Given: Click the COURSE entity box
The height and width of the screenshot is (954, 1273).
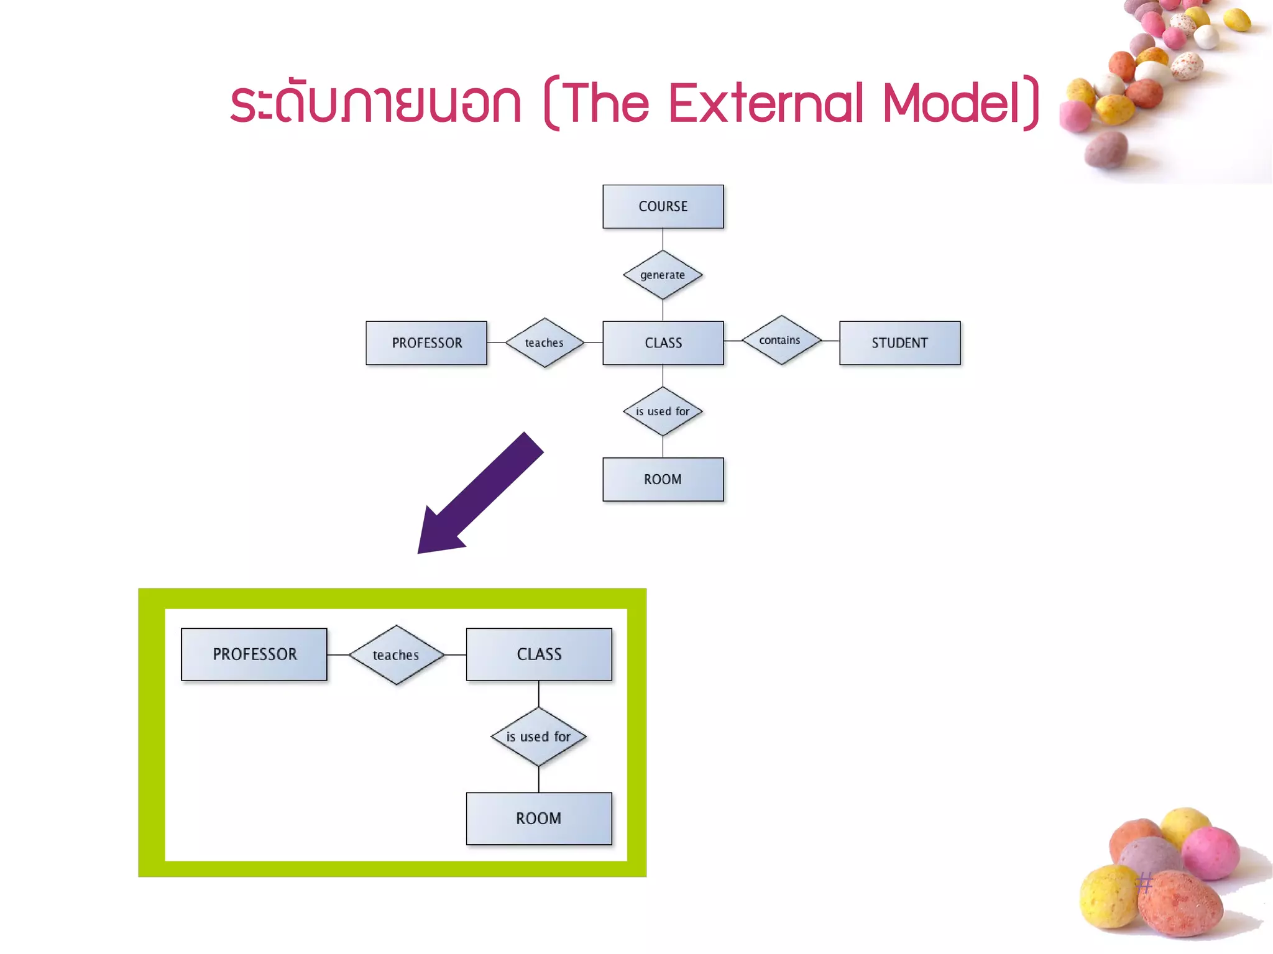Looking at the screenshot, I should [x=663, y=206].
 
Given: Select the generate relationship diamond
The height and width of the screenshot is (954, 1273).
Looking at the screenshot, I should [x=663, y=275].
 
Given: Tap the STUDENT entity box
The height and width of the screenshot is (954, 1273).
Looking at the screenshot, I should [x=899, y=342].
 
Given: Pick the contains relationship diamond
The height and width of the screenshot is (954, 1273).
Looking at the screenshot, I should [x=781, y=340].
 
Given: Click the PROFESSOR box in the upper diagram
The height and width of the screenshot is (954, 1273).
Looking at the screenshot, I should [x=426, y=342].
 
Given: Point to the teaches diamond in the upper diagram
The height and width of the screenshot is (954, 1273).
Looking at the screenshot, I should [x=545, y=342].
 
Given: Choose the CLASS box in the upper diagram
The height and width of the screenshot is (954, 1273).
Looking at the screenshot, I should [x=663, y=342].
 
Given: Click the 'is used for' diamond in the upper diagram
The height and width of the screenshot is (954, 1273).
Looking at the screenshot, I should [x=663, y=411].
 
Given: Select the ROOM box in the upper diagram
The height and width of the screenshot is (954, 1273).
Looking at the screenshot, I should [x=663, y=479].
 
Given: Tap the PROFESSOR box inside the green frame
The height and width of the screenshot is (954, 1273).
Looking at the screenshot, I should [x=254, y=654].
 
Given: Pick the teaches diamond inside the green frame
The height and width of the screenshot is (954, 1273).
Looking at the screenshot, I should [x=396, y=655].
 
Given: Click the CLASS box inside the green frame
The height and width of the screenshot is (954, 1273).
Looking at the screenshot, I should [x=539, y=654].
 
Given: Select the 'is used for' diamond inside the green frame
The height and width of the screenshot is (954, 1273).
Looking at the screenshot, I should [x=538, y=736].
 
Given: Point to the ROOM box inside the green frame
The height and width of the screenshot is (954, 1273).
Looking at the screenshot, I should [x=539, y=819].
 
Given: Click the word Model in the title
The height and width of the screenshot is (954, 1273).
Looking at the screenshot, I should [x=951, y=103].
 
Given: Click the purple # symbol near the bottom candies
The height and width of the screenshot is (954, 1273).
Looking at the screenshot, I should [x=1145, y=882].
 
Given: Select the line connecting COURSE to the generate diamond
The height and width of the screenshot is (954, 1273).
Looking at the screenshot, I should [x=663, y=239].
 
